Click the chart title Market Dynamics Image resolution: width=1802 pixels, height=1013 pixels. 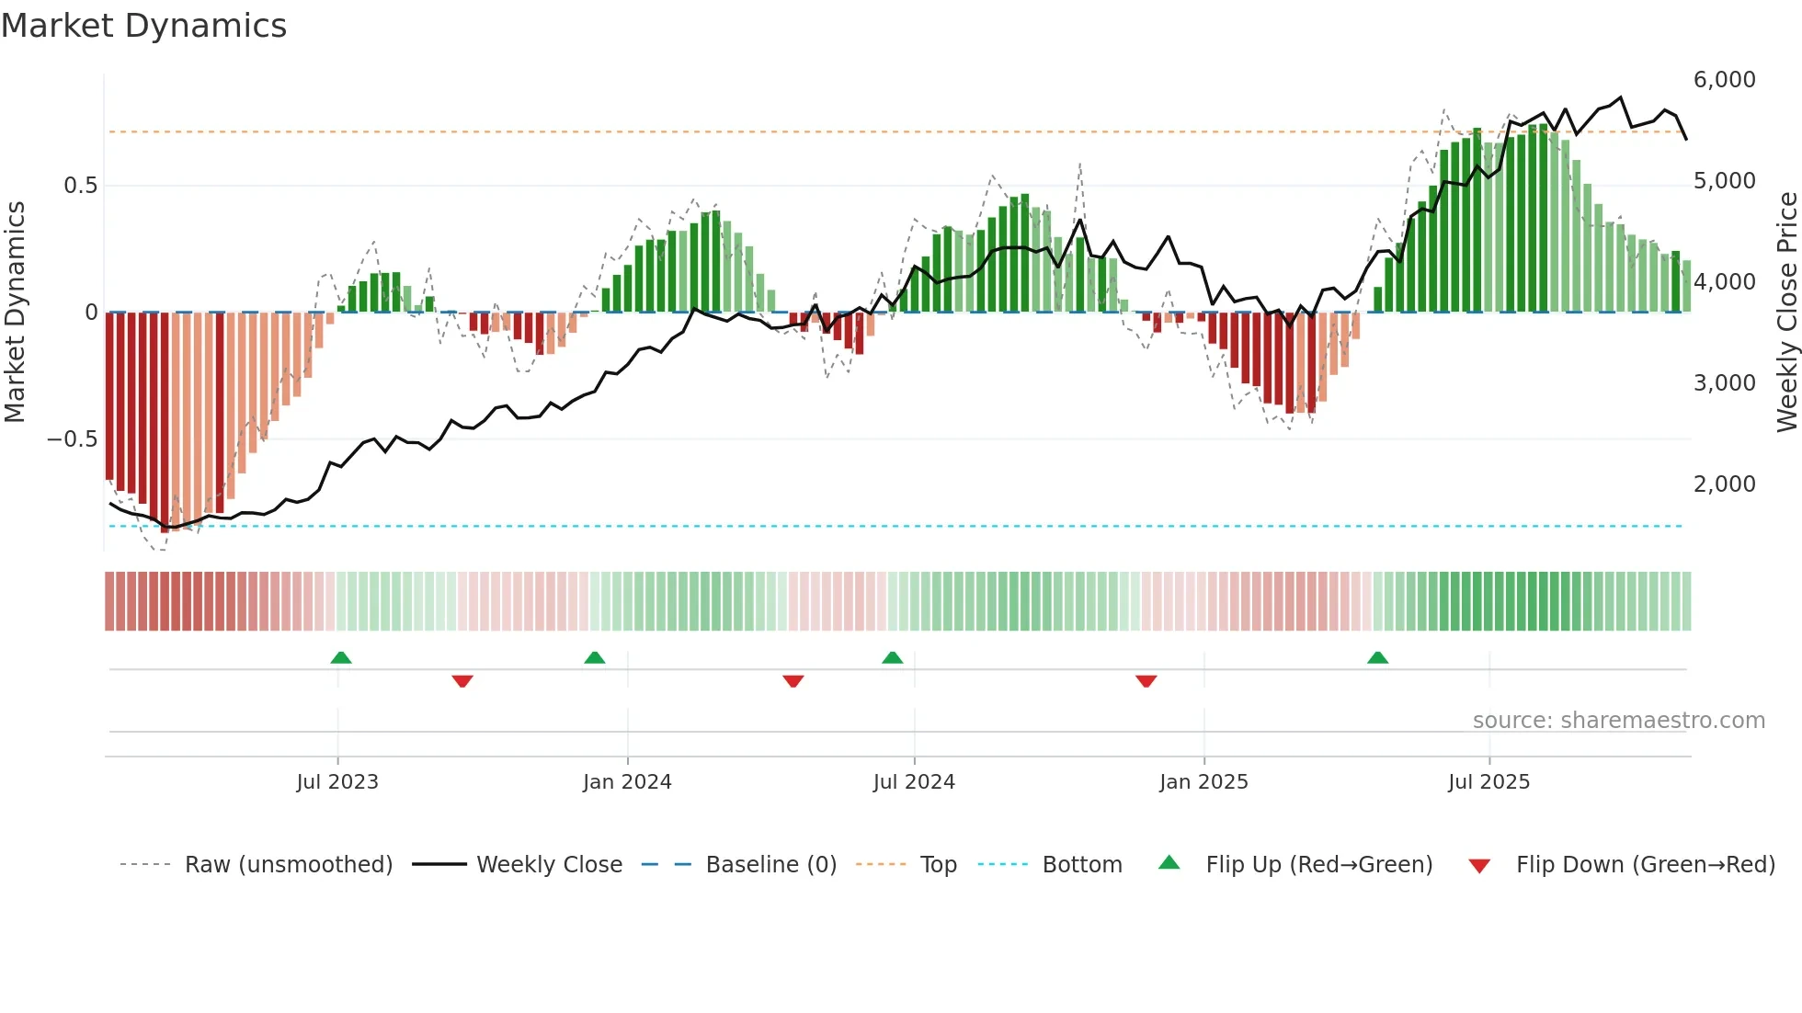[x=143, y=26]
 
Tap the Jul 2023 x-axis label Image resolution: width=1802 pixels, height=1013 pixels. [x=337, y=781]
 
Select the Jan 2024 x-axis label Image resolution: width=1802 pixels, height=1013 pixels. [x=627, y=781]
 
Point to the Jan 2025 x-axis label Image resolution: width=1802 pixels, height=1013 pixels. [x=1203, y=781]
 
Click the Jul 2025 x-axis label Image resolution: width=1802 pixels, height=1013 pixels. [x=1488, y=781]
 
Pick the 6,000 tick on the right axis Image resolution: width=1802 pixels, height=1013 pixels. [x=1724, y=80]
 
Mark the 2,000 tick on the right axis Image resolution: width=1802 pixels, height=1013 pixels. [x=1724, y=484]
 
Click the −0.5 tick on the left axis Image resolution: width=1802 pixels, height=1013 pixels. [x=72, y=439]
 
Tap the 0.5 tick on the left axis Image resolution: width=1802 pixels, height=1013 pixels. [x=80, y=186]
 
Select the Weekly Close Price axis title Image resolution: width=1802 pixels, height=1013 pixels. [x=1786, y=313]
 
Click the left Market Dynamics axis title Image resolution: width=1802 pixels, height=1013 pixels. [x=15, y=313]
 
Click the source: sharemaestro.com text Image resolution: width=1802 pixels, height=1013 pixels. [x=1618, y=721]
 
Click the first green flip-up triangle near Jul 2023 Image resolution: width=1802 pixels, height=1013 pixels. [x=341, y=658]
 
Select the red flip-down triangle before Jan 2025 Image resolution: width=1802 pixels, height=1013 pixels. [x=1146, y=681]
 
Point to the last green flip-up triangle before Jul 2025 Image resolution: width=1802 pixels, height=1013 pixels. [x=1377, y=658]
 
